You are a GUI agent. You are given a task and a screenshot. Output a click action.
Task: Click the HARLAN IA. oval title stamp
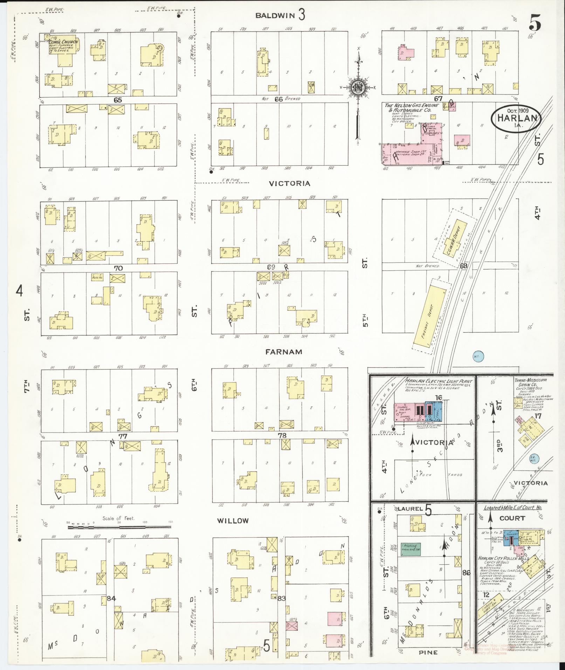516,118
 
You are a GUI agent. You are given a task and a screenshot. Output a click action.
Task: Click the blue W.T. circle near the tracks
478,357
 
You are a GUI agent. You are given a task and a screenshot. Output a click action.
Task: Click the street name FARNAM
283,352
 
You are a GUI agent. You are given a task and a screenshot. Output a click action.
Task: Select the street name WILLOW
233,521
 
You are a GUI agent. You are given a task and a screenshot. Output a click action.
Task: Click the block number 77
122,436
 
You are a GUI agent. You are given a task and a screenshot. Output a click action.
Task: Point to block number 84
111,599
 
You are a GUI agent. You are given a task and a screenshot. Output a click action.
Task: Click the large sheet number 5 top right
535,23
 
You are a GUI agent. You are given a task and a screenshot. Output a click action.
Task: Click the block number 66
278,99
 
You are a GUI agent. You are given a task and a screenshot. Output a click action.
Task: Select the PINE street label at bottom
428,652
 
